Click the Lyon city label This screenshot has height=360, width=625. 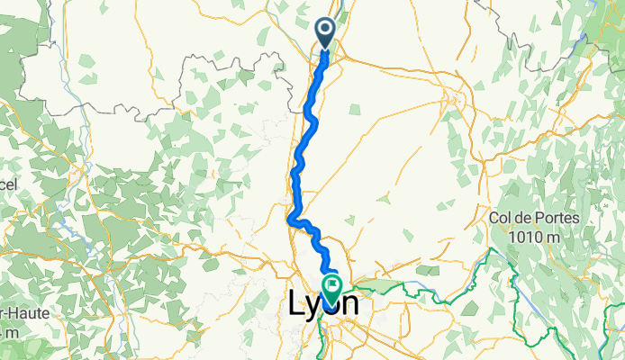(x=323, y=304)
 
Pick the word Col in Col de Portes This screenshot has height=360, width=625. (x=502, y=219)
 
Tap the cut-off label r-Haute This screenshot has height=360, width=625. (x=23, y=311)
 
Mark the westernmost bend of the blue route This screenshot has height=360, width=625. (x=288, y=219)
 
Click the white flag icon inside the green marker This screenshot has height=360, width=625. (x=333, y=287)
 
